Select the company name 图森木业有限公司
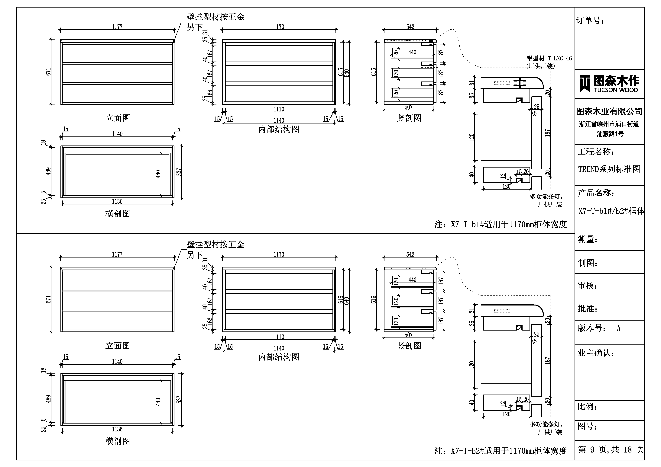(609, 111)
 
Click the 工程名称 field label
(596, 152)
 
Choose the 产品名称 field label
(596, 193)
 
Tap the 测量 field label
(588, 239)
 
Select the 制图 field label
(588, 263)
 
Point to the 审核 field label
(588, 286)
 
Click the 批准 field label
(588, 309)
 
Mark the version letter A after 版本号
(618, 328)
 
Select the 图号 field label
(588, 426)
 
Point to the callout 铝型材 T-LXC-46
(549, 58)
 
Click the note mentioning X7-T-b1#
(500, 224)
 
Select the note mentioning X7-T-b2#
(500, 451)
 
